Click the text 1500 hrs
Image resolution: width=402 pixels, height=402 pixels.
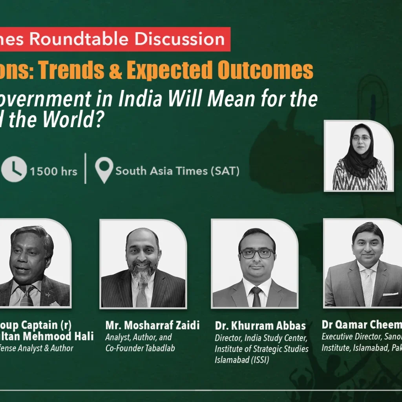pos(53,171)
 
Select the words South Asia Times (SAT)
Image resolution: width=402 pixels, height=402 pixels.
pos(177,171)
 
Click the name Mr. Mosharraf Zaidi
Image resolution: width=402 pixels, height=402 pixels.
pos(152,325)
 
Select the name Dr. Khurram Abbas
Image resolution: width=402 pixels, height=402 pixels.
pos(260,325)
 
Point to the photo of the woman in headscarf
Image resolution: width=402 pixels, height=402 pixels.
pos(359,156)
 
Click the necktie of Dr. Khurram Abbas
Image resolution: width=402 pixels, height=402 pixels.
pos(256,296)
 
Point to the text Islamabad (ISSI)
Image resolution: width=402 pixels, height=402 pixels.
pos(242,360)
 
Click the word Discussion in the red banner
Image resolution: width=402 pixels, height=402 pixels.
pos(180,39)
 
